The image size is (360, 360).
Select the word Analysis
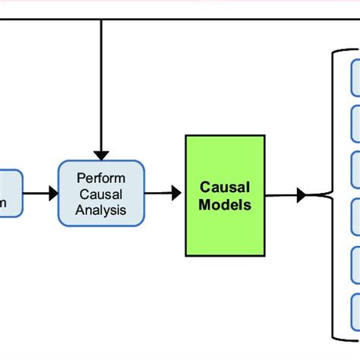[x=101, y=210]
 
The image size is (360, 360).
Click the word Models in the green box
[x=225, y=204]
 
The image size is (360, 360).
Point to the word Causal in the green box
[x=225, y=187]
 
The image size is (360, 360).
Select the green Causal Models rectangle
[x=225, y=195]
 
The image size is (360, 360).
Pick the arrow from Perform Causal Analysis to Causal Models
[x=164, y=194]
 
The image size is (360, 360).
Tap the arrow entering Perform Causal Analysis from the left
[x=41, y=194]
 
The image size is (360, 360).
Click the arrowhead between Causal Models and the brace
[x=302, y=195]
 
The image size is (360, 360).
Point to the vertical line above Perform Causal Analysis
[x=101, y=84]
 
